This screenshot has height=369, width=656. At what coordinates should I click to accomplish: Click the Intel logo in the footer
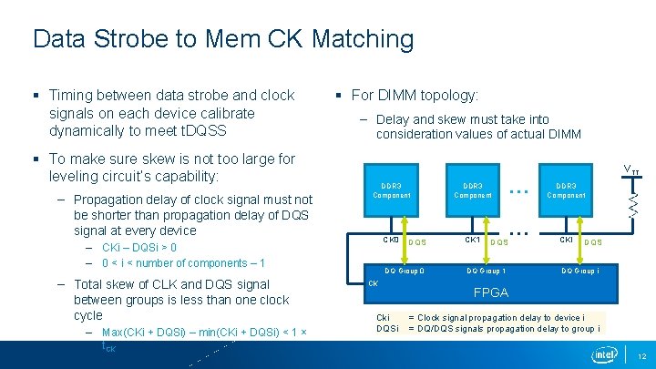click(604, 354)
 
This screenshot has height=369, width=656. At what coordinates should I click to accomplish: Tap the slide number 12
click(641, 355)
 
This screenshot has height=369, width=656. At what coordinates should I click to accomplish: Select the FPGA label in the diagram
click(490, 293)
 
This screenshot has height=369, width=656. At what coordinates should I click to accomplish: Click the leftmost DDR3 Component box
click(392, 190)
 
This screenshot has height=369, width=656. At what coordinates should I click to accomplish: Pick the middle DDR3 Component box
click(473, 190)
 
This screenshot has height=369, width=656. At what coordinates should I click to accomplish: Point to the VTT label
click(630, 170)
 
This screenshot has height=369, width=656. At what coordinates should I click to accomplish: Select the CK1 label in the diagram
click(473, 241)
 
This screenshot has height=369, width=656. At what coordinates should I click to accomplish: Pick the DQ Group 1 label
click(487, 271)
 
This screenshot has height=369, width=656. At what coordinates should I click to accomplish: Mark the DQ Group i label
click(580, 271)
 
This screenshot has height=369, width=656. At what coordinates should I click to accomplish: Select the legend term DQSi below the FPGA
click(388, 328)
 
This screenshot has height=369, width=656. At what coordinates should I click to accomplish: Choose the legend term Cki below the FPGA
click(384, 318)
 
